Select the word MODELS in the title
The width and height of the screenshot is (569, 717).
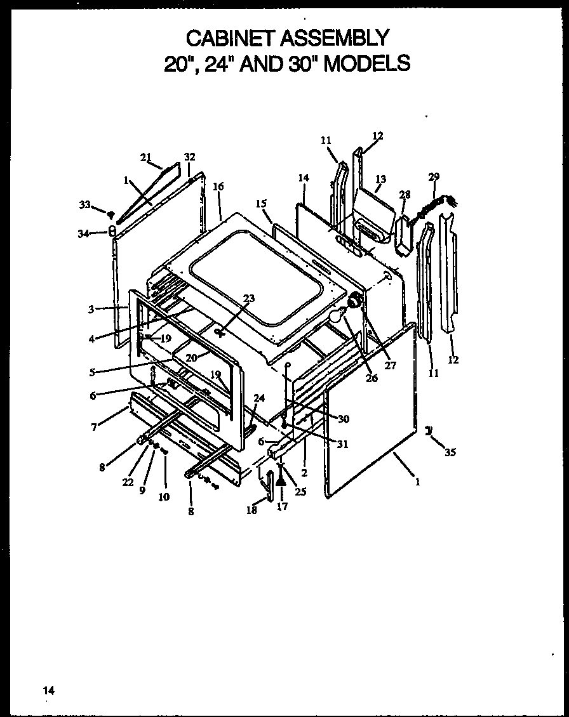(x=366, y=63)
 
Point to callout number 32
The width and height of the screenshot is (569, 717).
(x=189, y=157)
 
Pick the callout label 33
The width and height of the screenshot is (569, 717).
(x=85, y=204)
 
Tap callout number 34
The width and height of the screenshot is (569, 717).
(x=83, y=234)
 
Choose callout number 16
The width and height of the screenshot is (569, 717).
(x=218, y=187)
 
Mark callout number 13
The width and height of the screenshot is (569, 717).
(x=380, y=179)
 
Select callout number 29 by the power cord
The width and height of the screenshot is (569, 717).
(x=434, y=176)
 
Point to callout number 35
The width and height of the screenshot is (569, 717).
(x=450, y=452)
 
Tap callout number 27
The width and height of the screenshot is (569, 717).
(x=390, y=365)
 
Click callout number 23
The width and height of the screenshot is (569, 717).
(x=248, y=299)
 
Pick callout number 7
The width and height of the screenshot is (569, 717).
(x=93, y=427)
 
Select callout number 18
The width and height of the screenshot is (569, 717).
(x=252, y=510)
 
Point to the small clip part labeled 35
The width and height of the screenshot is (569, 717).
(x=429, y=431)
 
